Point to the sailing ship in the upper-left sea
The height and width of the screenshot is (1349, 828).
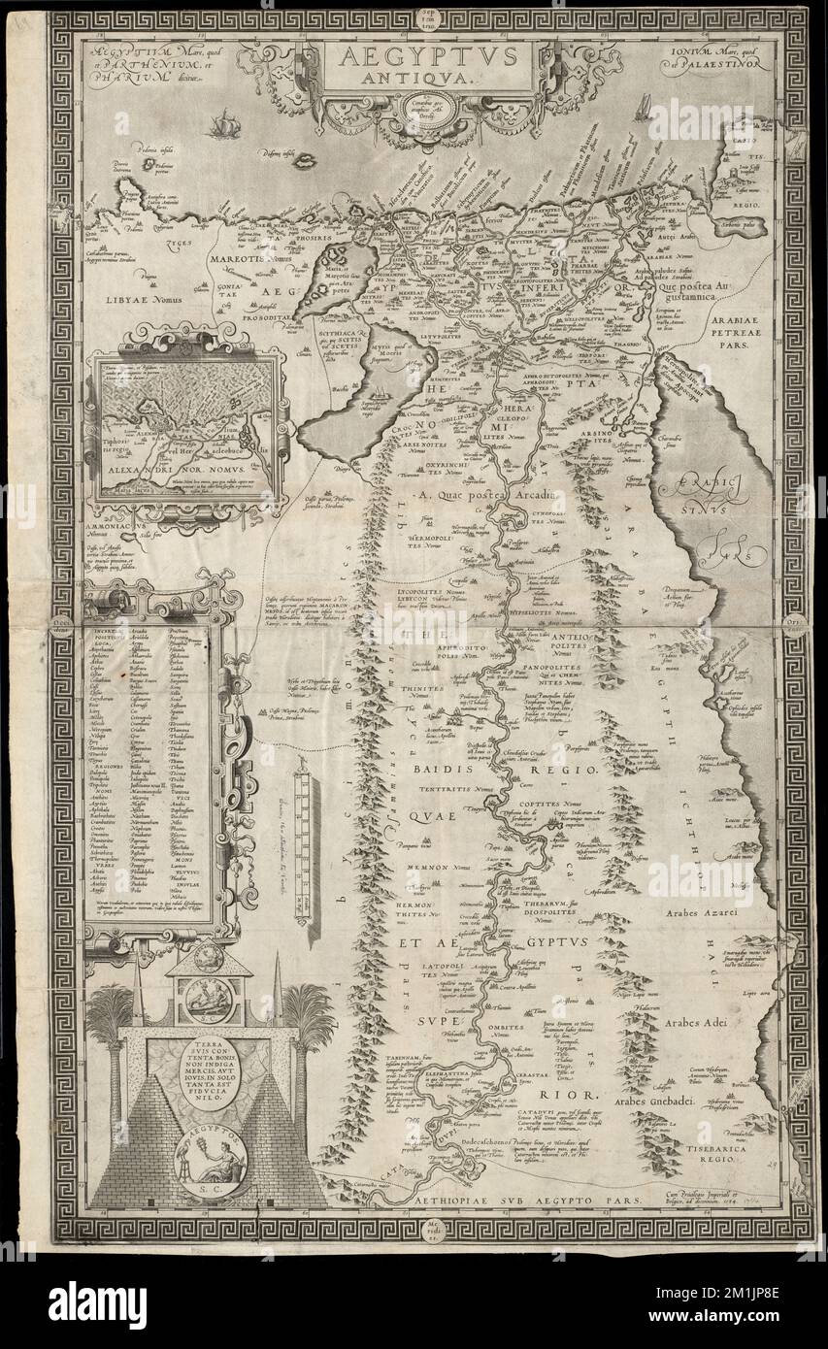225,123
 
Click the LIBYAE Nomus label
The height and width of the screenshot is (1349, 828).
145,299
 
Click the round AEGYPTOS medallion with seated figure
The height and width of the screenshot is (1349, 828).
209,1163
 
